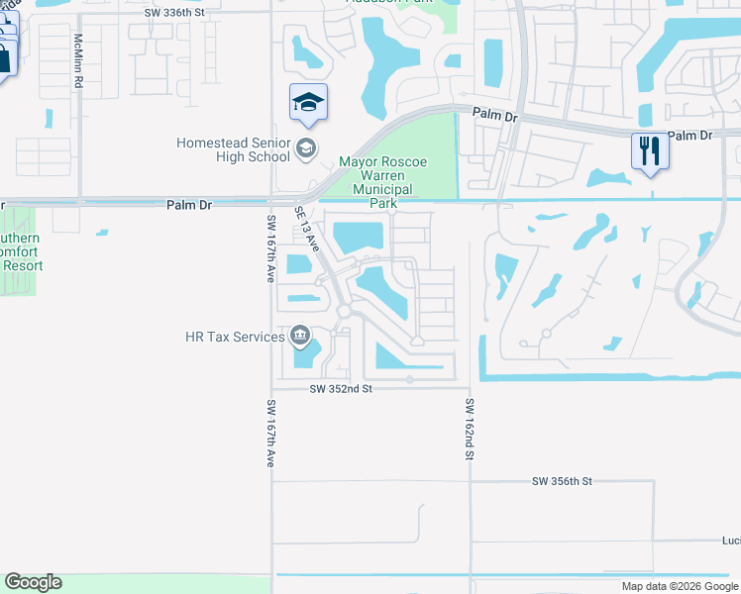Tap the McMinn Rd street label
click(x=78, y=61)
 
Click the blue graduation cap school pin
click(x=308, y=103)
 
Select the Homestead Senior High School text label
click(x=233, y=149)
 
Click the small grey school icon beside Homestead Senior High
click(x=305, y=149)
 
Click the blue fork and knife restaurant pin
click(x=649, y=151)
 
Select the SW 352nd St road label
click(x=339, y=389)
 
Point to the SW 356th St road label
click(x=561, y=481)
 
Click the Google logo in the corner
click(x=33, y=582)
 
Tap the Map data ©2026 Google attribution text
click(x=679, y=586)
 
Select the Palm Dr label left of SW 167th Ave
click(x=188, y=205)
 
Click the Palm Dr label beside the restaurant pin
click(x=691, y=135)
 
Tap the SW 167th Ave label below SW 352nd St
click(x=270, y=434)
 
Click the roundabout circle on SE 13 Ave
click(x=344, y=312)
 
